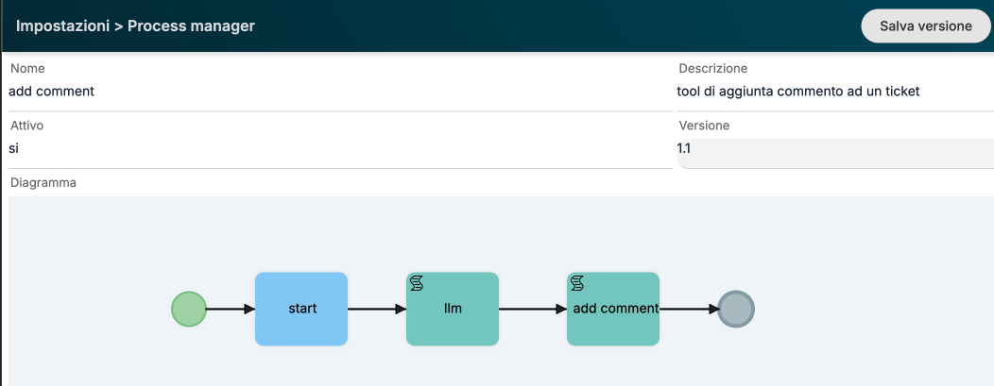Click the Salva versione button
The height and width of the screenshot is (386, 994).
click(926, 25)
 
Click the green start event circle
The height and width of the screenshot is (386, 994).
click(189, 310)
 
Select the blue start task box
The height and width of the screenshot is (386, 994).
click(301, 310)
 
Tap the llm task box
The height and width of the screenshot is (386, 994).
click(453, 310)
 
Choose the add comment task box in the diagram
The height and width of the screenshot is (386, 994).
click(613, 310)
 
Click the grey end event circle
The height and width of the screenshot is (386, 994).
click(736, 310)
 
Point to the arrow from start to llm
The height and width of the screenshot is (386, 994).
click(377, 310)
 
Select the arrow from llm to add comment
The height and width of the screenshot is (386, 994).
click(533, 310)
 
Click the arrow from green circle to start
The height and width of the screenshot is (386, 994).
click(231, 310)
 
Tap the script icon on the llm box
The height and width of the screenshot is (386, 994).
click(417, 283)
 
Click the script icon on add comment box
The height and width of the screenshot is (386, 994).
click(577, 283)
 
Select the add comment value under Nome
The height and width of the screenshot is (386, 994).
click(51, 92)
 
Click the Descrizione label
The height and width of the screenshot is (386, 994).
click(713, 68)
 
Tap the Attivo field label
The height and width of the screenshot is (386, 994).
click(27, 126)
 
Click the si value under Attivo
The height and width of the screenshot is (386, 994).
click(14, 149)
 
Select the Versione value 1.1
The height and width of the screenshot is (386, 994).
click(684, 149)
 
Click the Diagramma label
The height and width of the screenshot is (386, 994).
click(43, 183)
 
